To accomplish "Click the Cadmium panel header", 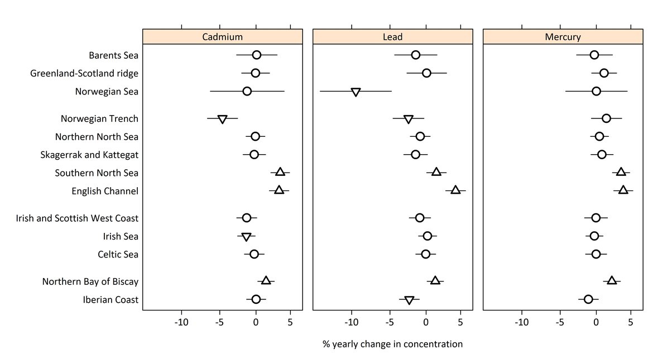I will point(222,37).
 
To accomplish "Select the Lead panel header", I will point(392,37).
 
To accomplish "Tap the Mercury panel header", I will point(563,37).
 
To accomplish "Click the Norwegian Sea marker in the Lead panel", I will point(356,92).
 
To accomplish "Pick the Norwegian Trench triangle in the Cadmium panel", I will point(222,119).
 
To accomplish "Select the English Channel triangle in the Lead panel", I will point(455,190).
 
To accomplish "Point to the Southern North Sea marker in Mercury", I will point(621,172).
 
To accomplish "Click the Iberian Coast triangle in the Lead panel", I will point(409,300).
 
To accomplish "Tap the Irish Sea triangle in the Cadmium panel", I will point(246,237).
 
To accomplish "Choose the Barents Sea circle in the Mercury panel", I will point(594,55).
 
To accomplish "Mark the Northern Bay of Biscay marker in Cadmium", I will point(266,280).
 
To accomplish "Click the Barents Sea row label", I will point(113,55).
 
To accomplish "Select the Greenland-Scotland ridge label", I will point(84,73).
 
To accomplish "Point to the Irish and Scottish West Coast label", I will point(77,218).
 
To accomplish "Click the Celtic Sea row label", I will point(118,255).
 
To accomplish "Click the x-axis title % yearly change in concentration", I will point(392,344).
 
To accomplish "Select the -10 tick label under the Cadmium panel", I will point(181,322).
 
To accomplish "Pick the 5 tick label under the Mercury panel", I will point(630,322).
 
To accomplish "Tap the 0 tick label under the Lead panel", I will point(426,322).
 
